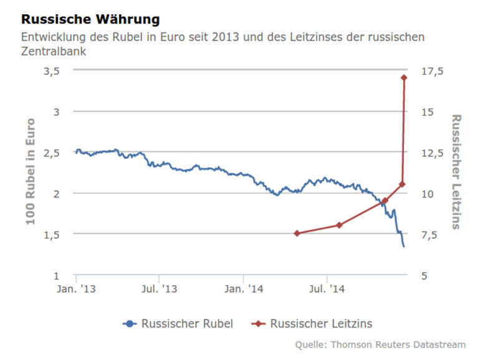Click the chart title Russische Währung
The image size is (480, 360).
click(x=90, y=21)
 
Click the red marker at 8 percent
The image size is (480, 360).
click(x=339, y=225)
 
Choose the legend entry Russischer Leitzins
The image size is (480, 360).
click(x=321, y=323)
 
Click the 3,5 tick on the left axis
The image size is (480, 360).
click(x=51, y=71)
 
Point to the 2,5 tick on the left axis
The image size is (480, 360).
click(x=51, y=153)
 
